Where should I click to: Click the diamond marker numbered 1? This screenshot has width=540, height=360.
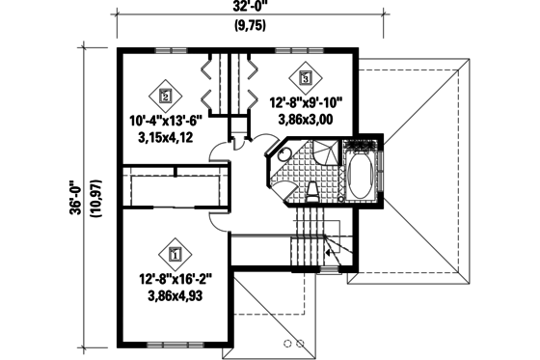tap(175, 255)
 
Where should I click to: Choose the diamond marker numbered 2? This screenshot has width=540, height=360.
tap(166, 96)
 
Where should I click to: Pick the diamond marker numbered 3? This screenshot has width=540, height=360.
tap(306, 76)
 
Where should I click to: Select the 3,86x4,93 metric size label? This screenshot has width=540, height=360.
tap(175, 299)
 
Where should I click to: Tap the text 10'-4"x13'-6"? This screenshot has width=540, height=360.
tap(165, 122)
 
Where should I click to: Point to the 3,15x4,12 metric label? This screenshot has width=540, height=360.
tap(165, 139)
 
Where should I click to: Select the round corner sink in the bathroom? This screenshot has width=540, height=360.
tap(283, 171)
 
